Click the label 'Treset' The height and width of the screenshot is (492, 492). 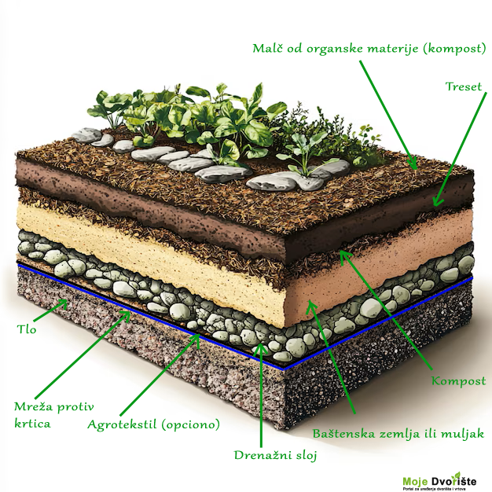464,86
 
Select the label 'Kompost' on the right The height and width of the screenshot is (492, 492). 458,381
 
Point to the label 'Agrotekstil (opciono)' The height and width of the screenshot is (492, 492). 153,424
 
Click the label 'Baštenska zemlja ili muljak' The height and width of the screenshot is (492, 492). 398,433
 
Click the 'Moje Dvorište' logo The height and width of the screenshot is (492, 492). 444,481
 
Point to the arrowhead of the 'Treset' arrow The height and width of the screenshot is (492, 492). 435,206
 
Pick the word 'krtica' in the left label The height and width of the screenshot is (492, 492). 32,424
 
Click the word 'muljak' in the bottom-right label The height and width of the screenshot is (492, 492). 463,433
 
